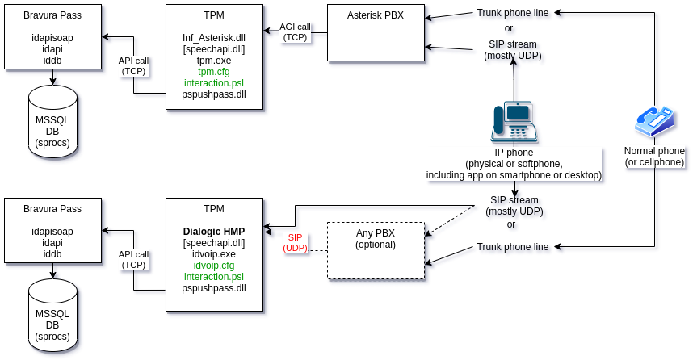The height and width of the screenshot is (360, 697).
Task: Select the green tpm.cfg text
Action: click(x=214, y=72)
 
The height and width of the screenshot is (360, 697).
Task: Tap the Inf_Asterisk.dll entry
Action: click(x=214, y=38)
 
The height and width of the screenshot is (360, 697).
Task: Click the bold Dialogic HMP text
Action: click(x=214, y=232)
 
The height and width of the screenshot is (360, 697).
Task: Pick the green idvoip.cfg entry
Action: click(x=214, y=266)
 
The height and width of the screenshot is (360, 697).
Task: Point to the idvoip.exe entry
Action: click(x=214, y=254)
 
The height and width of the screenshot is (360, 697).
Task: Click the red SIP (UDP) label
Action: click(x=296, y=243)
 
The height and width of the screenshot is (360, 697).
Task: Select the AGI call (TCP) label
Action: click(x=295, y=32)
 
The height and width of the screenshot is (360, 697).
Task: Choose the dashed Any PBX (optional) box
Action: click(x=376, y=250)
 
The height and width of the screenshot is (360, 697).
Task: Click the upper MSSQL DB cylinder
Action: click(x=52, y=120)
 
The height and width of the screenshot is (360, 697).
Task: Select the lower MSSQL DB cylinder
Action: click(x=52, y=314)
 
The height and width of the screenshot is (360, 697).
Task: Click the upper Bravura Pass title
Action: click(x=52, y=15)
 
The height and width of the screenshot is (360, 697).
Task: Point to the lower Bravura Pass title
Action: click(x=52, y=209)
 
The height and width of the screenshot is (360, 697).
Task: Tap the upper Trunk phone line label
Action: click(x=513, y=13)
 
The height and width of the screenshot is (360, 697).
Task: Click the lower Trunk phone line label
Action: click(x=513, y=246)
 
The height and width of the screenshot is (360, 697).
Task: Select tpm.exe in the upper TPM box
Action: click(x=214, y=61)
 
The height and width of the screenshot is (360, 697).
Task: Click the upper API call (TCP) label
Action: click(x=133, y=65)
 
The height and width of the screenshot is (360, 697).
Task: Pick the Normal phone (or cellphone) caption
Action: click(x=654, y=157)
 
